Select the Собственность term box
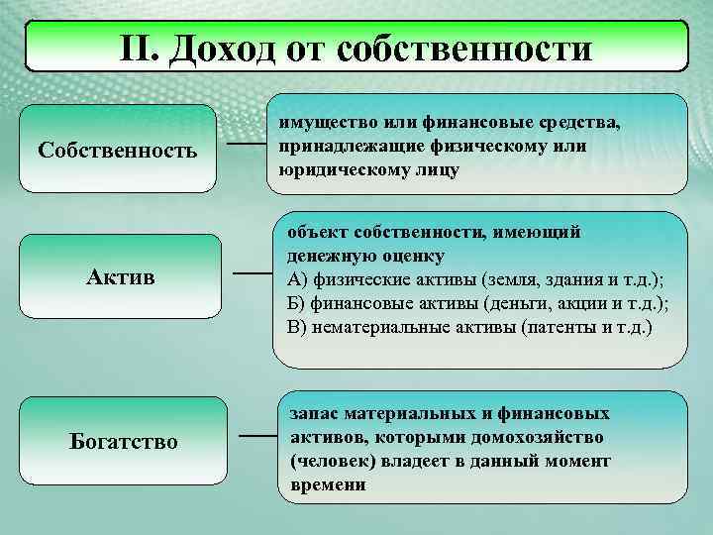coord(118,150)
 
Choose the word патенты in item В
coord(555,325)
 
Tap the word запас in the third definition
coord(313,411)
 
